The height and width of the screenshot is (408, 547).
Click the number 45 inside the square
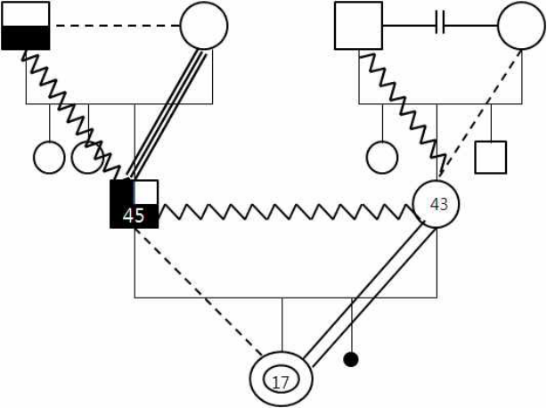(x=134, y=216)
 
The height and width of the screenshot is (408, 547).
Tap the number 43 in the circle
(x=439, y=204)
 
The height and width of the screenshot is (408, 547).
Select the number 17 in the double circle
(x=281, y=382)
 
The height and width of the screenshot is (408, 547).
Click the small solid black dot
(x=351, y=360)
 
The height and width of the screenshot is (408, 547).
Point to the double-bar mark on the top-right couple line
(x=440, y=26)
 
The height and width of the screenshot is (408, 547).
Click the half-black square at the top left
(x=26, y=26)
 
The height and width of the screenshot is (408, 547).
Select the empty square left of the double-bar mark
(x=359, y=26)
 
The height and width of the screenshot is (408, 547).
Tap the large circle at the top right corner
(x=521, y=26)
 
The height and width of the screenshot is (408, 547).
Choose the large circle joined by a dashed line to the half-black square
(x=204, y=26)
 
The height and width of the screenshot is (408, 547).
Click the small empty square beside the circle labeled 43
(x=491, y=158)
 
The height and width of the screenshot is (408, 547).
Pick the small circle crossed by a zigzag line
(x=87, y=158)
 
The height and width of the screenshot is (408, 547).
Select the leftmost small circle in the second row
(x=49, y=158)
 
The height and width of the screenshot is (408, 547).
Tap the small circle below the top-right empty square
(x=382, y=158)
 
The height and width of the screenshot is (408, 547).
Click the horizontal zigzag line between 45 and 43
(x=286, y=212)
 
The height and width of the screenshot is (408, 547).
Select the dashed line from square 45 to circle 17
(x=198, y=290)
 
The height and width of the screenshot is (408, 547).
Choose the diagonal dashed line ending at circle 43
(x=480, y=113)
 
